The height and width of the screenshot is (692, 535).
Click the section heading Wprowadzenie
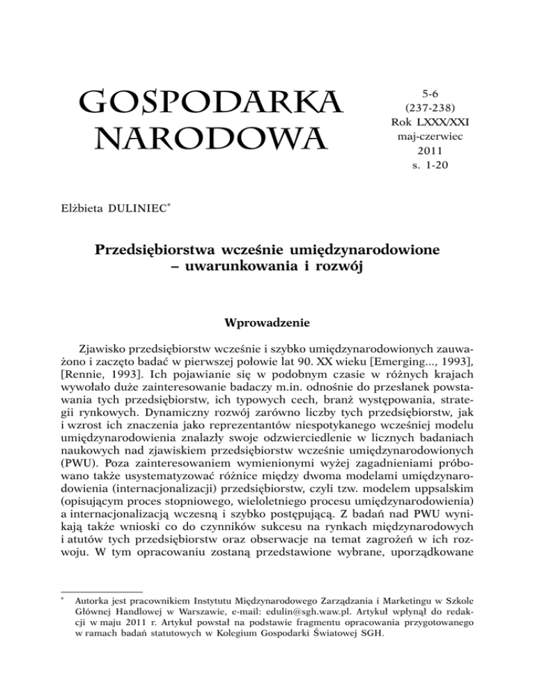(x=267, y=324)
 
